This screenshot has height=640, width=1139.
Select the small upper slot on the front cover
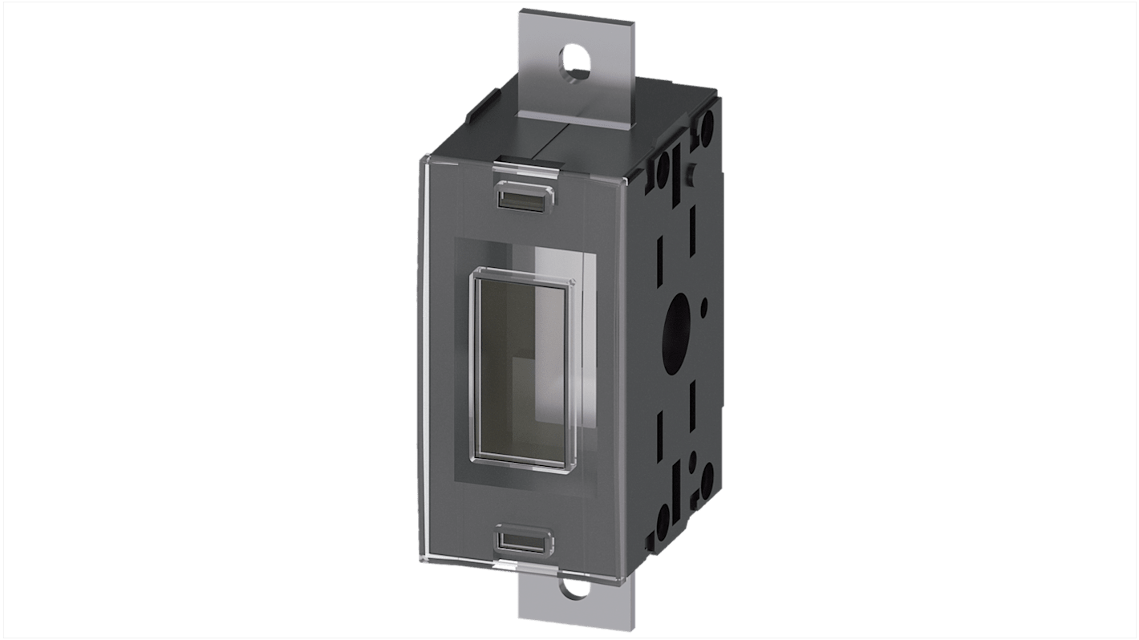(x=521, y=195)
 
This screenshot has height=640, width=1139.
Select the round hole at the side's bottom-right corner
(x=707, y=479)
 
